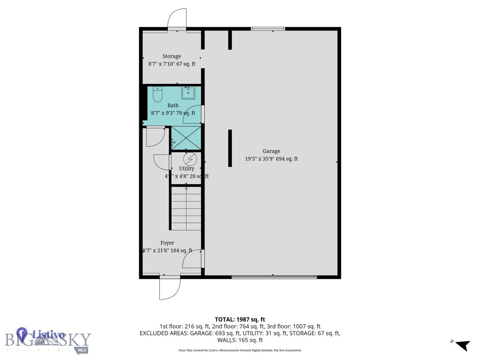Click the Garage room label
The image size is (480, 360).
[x=271, y=151]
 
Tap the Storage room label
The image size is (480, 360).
[x=172, y=56]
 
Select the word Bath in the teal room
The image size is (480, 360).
[x=173, y=105]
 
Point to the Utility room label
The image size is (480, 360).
[x=187, y=168]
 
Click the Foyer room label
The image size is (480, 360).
[x=167, y=243]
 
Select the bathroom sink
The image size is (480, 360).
[x=189, y=93]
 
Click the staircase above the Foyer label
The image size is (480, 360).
[x=187, y=208]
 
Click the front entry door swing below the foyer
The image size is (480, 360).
[x=169, y=288]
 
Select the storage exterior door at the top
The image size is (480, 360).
[x=177, y=20]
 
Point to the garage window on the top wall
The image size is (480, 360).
[x=268, y=29]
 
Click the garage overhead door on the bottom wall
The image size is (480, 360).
[x=274, y=277]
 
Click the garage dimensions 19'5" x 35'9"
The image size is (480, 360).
[x=271, y=159]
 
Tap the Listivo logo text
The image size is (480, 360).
[x=48, y=335]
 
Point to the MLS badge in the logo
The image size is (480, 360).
[x=82, y=350]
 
